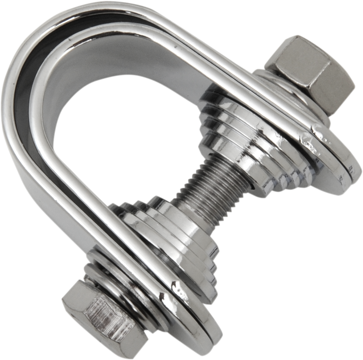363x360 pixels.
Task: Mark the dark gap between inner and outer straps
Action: click(x=27, y=91)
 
